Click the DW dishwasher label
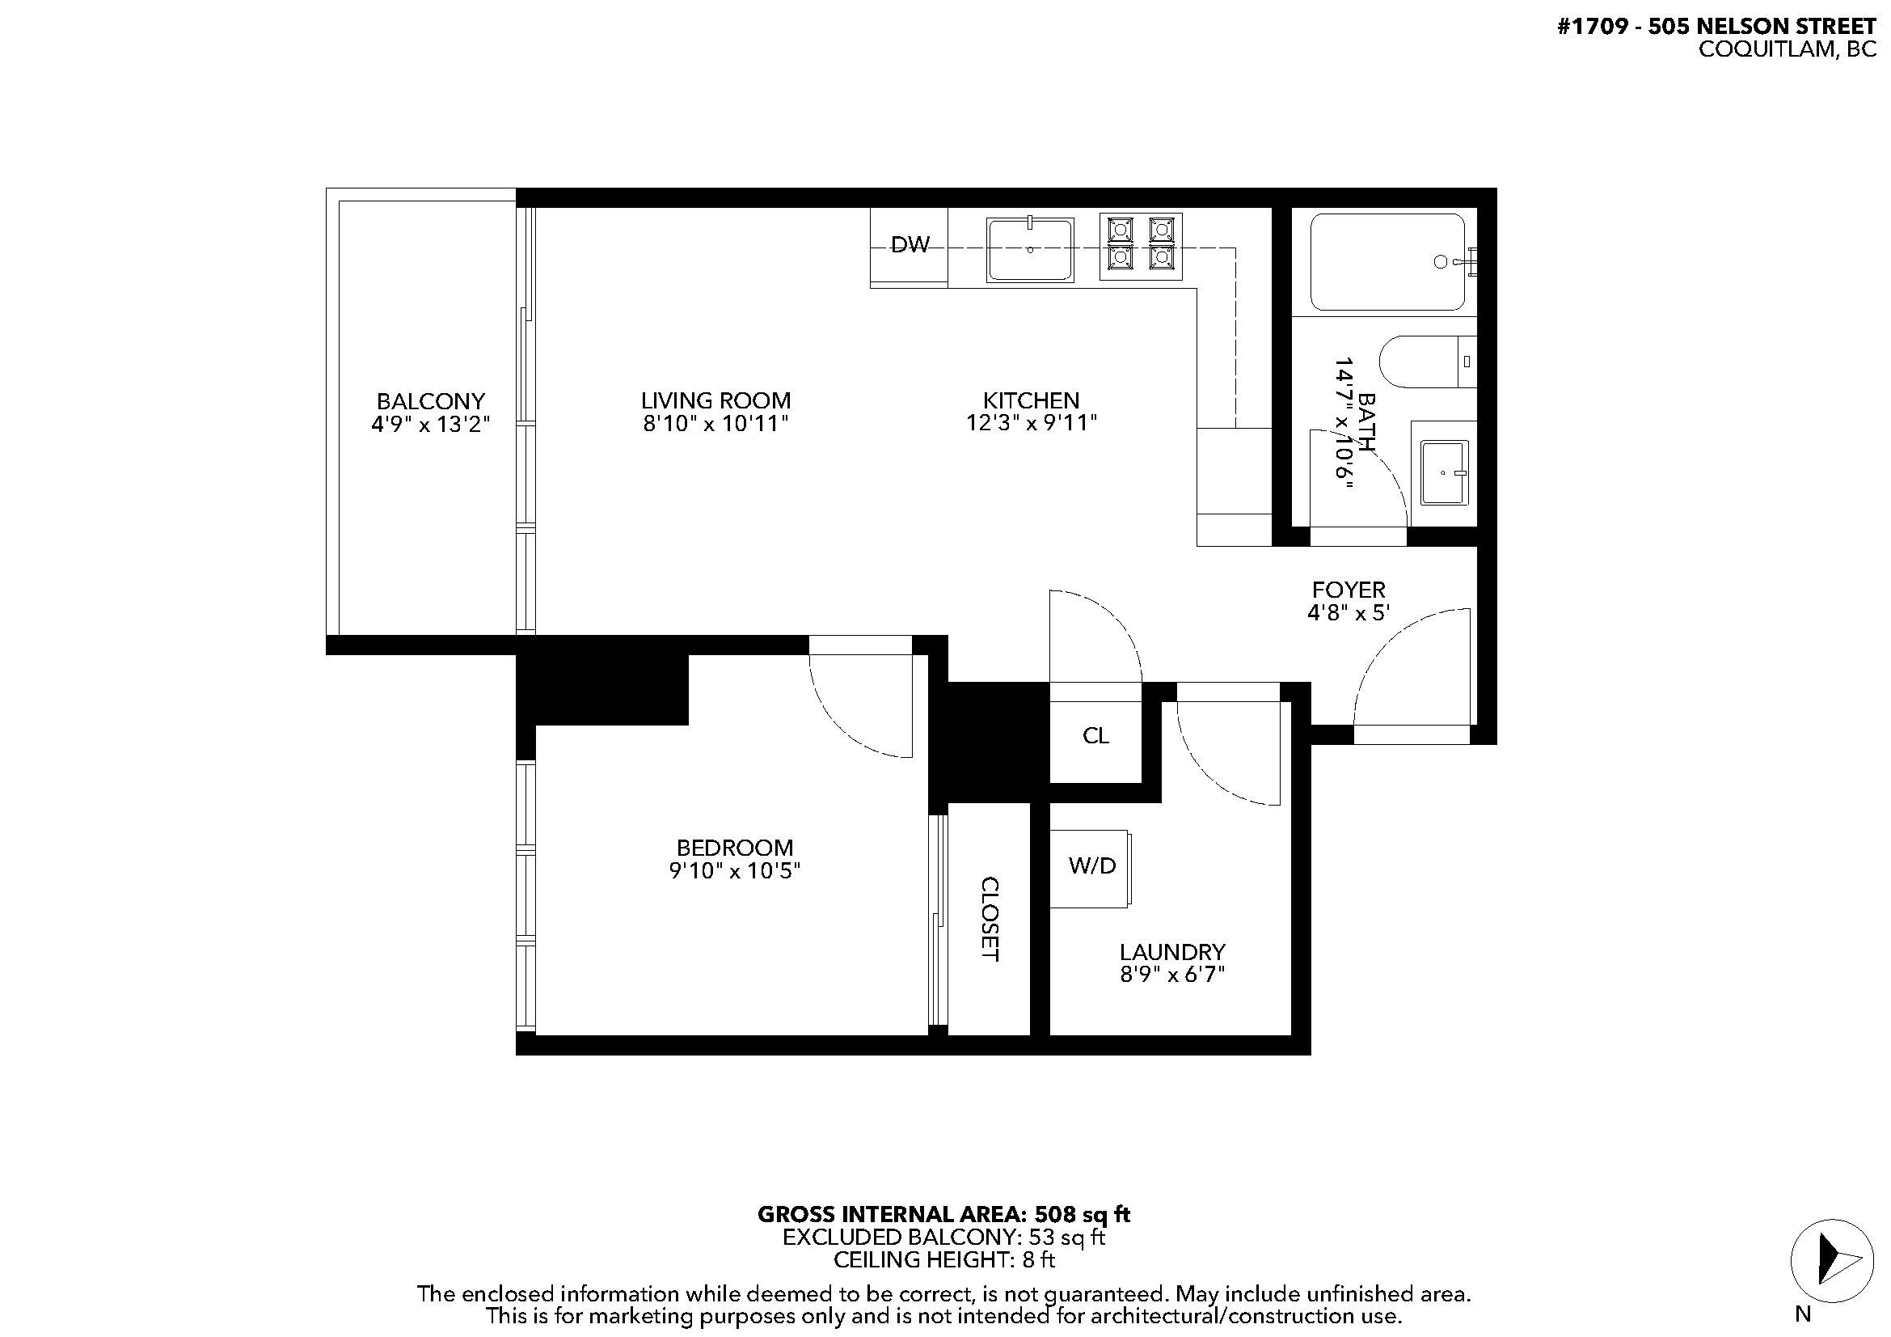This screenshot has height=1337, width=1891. pyautogui.click(x=910, y=244)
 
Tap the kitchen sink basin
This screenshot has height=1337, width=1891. pyautogui.click(x=1029, y=250)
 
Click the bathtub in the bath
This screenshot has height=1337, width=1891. pyautogui.click(x=1387, y=262)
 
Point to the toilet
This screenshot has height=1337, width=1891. pyautogui.click(x=1425, y=361)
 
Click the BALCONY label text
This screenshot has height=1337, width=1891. pyautogui.click(x=430, y=401)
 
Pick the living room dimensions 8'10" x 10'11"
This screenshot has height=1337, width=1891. pyautogui.click(x=715, y=425)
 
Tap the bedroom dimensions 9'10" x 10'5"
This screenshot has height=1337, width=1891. pyautogui.click(x=735, y=871)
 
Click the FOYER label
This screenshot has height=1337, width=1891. pyautogui.click(x=1349, y=590)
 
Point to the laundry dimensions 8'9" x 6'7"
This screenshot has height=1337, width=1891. pyautogui.click(x=1172, y=975)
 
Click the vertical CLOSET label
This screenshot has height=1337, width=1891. pyautogui.click(x=990, y=919)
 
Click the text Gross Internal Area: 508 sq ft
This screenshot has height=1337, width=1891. pyautogui.click(x=943, y=1214)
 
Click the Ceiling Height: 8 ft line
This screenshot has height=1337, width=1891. pyautogui.click(x=943, y=1259)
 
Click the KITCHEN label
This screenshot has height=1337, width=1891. pyautogui.click(x=1030, y=400)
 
